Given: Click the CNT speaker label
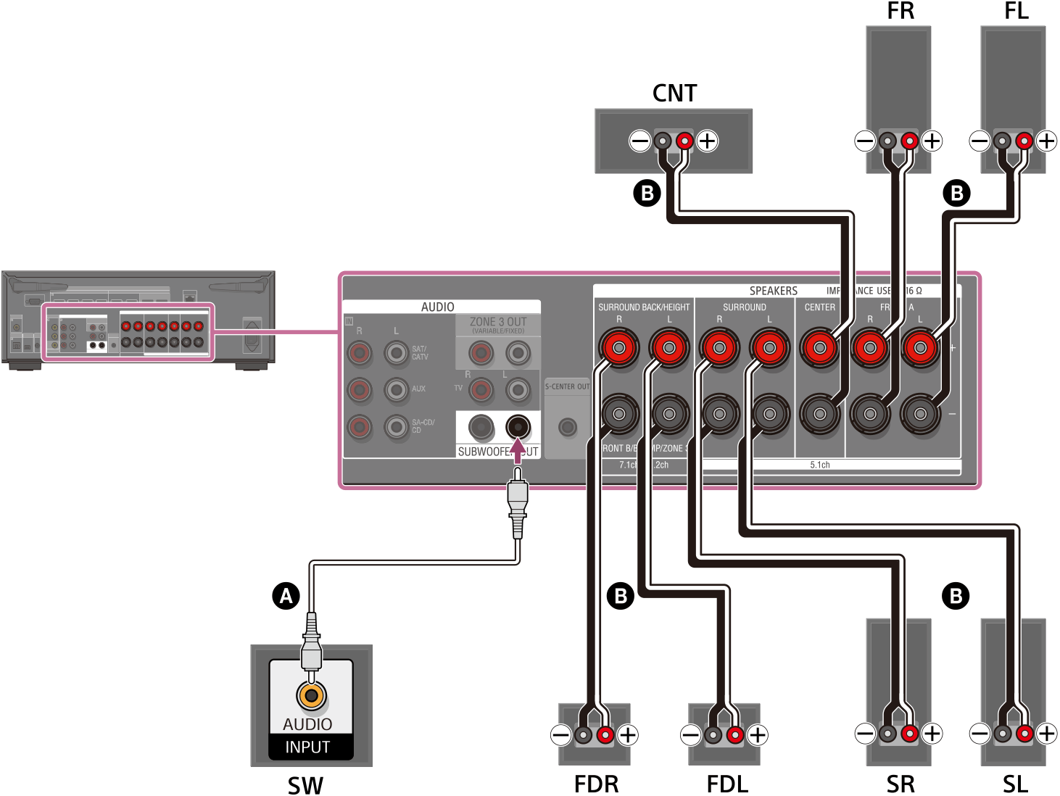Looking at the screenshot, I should click(x=674, y=94).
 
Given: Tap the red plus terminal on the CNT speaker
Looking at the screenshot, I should click(x=684, y=141).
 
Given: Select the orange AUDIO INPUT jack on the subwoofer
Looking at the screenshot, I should click(x=311, y=695).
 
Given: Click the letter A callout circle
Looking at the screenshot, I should click(x=286, y=596).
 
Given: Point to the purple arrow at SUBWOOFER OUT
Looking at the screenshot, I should click(x=517, y=450).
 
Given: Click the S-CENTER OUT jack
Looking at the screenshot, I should click(x=567, y=427).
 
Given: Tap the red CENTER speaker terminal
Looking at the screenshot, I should click(x=819, y=348).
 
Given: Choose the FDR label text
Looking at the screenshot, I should click(x=596, y=784).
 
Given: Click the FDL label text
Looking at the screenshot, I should click(x=727, y=784).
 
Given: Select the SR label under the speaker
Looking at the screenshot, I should click(x=900, y=784).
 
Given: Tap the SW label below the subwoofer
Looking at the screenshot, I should click(x=305, y=785).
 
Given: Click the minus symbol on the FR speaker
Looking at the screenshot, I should click(x=865, y=141).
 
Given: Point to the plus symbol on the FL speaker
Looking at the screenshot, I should click(x=1046, y=141).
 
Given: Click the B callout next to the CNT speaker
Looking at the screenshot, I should click(x=647, y=193).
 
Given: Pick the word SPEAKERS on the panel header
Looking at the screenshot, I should click(x=773, y=291).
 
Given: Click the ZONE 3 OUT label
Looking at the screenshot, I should click(x=498, y=322).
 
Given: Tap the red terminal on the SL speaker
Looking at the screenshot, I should click(x=1024, y=734).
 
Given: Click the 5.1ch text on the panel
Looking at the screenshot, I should click(x=820, y=465).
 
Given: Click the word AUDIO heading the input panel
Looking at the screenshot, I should click(x=438, y=307).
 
